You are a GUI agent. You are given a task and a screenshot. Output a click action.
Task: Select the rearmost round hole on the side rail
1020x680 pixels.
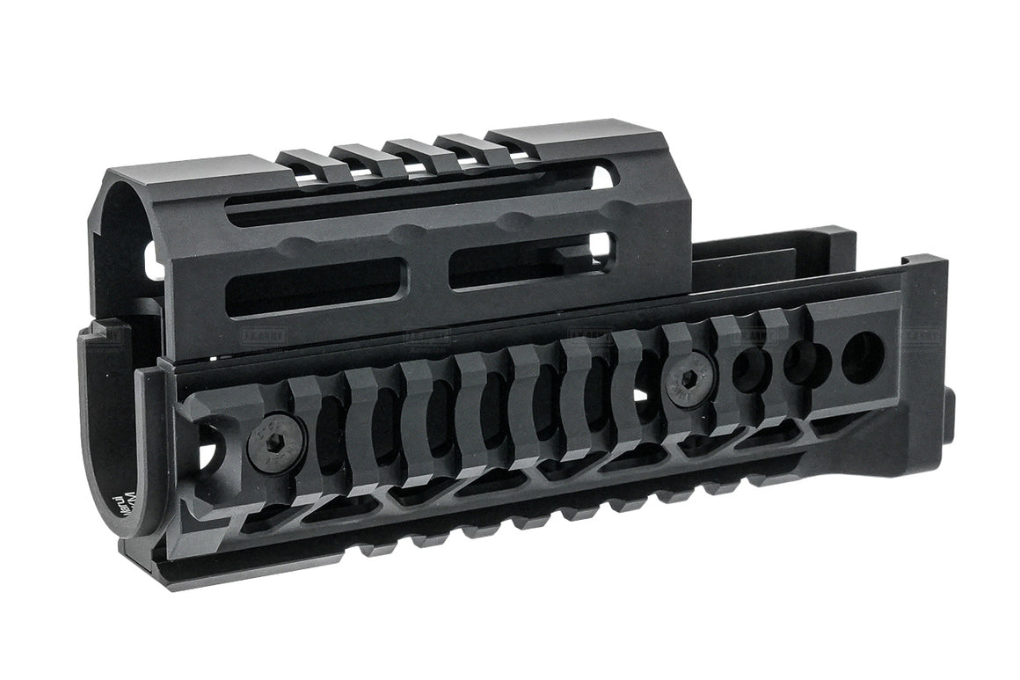coord(863,353)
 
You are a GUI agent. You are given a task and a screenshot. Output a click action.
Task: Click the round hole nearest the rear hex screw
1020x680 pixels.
coord(747,369)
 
